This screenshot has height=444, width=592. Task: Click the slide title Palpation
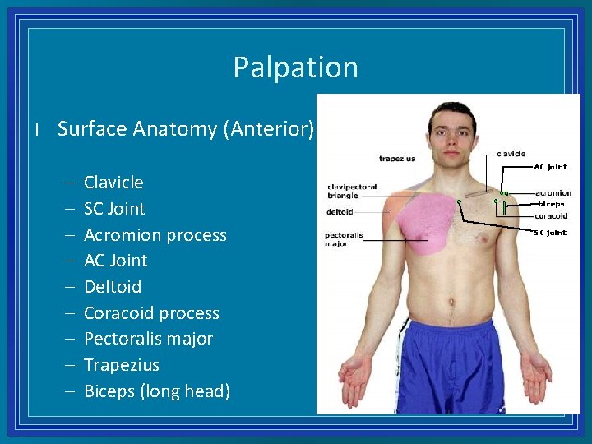pyautogui.click(x=295, y=67)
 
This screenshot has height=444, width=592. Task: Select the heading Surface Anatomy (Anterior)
pyautogui.click(x=186, y=129)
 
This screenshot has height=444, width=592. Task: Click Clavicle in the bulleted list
pyautogui.click(x=113, y=183)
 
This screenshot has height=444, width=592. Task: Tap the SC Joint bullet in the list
pyautogui.click(x=114, y=209)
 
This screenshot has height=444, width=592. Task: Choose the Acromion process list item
pyautogui.click(x=155, y=235)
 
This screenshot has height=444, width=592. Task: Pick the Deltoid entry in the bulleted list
pyautogui.click(x=113, y=287)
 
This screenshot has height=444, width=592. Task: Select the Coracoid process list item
pyautogui.click(x=151, y=313)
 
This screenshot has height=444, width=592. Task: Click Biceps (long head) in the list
pyautogui.click(x=157, y=391)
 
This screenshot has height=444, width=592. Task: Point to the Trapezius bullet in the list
pyautogui.click(x=122, y=365)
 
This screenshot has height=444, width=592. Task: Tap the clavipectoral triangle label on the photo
pyautogui.click(x=352, y=191)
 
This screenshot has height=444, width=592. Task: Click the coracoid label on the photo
pyautogui.click(x=551, y=216)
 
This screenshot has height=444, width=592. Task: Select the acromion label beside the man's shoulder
pyautogui.click(x=553, y=194)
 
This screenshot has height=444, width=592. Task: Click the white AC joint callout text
pyautogui.click(x=550, y=167)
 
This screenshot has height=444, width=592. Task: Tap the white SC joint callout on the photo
pyautogui.click(x=550, y=233)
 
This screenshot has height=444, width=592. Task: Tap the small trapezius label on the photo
pyautogui.click(x=397, y=159)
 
